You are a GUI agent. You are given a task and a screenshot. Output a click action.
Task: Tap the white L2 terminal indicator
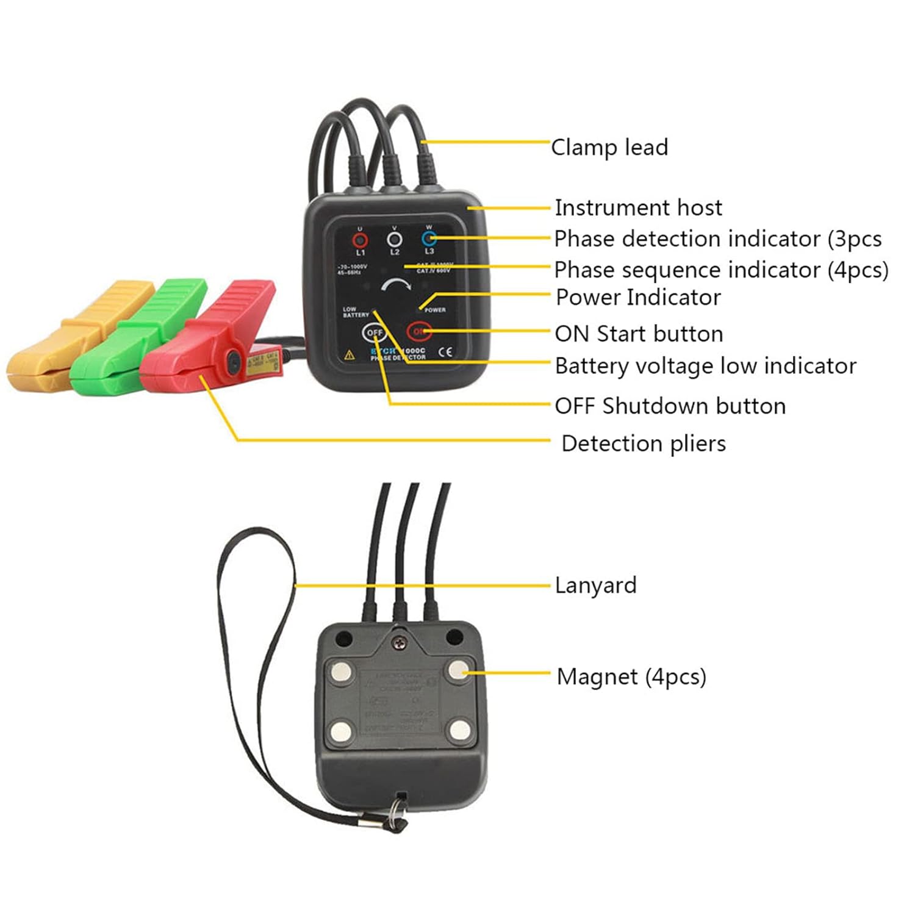pos(395,238)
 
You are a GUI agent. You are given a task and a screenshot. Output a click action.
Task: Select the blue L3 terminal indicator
pos(429,238)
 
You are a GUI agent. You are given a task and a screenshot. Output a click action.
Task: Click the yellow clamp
pos(73,335)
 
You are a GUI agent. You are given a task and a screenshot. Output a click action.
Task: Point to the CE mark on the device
pos(446,351)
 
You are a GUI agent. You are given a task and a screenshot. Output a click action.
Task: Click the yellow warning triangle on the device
pos(350,354)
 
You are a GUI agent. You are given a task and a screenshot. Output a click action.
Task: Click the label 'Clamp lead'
pos(609,148)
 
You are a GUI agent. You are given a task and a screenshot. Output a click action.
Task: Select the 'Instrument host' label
pos(638,208)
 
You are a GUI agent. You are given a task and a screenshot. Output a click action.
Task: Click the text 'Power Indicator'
pos(638,298)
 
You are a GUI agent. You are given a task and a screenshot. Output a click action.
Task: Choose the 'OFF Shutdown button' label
pos(670,406)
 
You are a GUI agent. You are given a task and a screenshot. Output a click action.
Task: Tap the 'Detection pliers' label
pos(643,443)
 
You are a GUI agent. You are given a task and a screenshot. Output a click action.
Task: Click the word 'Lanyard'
pos(595,586)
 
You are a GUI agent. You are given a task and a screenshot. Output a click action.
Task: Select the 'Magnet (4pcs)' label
pos(631,677)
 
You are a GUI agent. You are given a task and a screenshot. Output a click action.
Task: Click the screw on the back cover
pos(400,642)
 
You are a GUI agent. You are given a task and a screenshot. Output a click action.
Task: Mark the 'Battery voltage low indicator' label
pos(705,366)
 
